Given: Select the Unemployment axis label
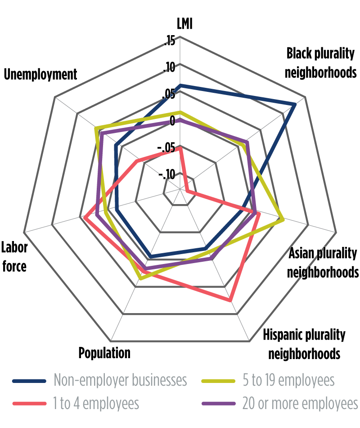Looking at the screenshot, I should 40,74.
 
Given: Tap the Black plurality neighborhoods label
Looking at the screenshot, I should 321,63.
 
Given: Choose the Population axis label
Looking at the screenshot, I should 104,352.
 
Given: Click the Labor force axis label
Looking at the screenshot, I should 14,256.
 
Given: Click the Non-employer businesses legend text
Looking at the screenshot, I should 120,380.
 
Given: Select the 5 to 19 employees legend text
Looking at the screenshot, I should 288,380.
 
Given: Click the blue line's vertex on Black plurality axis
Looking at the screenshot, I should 294,104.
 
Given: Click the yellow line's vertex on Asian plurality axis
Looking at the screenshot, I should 283,220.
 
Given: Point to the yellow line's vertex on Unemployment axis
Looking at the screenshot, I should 96,129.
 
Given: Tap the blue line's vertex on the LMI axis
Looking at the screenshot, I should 180,85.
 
